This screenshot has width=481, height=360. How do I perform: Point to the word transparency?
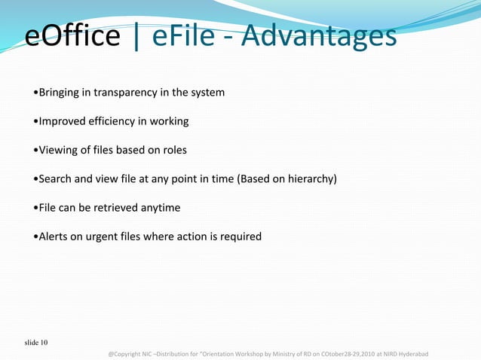tap(121, 93)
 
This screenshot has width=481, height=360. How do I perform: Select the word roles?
tap(171, 150)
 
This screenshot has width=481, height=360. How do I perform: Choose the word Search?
tap(57, 178)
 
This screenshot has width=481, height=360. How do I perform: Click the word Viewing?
tap(60, 150)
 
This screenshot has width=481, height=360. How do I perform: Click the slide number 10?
tap(44, 343)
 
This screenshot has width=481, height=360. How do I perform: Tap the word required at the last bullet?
tap(240, 236)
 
